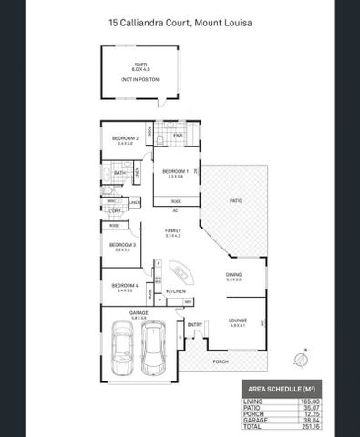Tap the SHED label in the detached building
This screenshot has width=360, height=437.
[x=139, y=65]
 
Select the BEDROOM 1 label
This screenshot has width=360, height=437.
[x=175, y=171]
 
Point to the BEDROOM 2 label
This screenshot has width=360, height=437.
[x=125, y=138]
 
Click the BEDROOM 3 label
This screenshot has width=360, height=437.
[x=123, y=244]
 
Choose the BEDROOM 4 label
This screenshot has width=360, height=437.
[x=124, y=286]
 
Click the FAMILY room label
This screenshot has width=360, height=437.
[x=171, y=231]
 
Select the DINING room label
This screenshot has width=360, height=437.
[x=233, y=276]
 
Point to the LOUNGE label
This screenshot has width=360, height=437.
[x=237, y=320]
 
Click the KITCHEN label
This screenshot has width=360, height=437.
[x=176, y=291]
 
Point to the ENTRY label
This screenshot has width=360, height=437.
[x=194, y=324]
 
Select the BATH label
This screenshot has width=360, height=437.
[x=119, y=171]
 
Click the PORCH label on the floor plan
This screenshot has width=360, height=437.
[x=220, y=361]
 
